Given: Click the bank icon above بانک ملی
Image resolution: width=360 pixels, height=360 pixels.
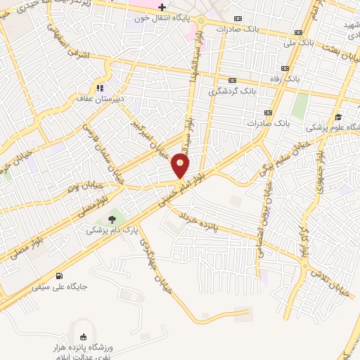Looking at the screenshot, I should click(300, 32).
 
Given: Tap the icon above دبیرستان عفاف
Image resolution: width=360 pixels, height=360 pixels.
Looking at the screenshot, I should click(100, 88).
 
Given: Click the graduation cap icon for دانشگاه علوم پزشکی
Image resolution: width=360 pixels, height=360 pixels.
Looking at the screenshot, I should click(338, 117).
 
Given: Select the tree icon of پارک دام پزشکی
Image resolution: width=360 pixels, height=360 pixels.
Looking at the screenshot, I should click(112, 219).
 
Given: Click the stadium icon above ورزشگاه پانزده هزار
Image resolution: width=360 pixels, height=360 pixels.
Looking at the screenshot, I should click(85, 336).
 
